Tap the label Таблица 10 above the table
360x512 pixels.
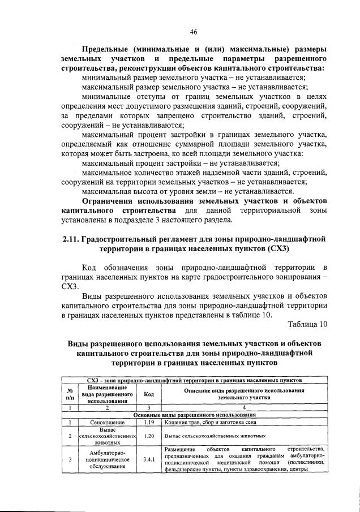[307, 324]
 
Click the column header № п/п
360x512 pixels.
[69, 394]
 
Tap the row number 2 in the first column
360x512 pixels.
[69, 436]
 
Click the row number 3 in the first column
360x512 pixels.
[69, 459]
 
